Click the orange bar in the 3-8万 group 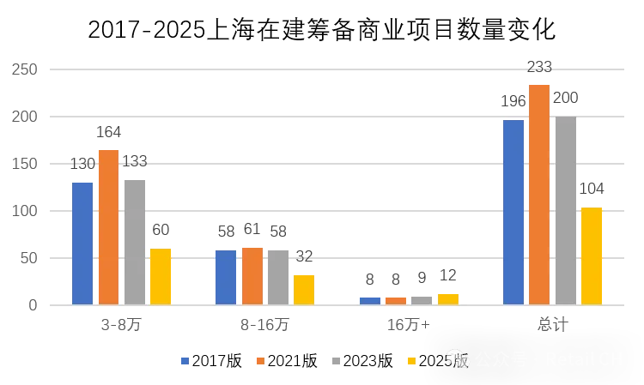(108, 227)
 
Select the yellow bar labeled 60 (161, 276)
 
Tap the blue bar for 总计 (513, 213)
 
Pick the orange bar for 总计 (539, 195)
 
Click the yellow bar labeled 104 (592, 256)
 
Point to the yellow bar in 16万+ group (448, 299)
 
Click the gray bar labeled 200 (566, 211)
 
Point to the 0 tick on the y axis (33, 305)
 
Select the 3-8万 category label (121, 325)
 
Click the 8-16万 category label (264, 325)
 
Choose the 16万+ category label (408, 325)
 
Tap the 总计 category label (552, 325)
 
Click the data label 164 (108, 132)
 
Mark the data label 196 (513, 102)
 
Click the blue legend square (185, 361)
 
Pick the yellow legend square (411, 361)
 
